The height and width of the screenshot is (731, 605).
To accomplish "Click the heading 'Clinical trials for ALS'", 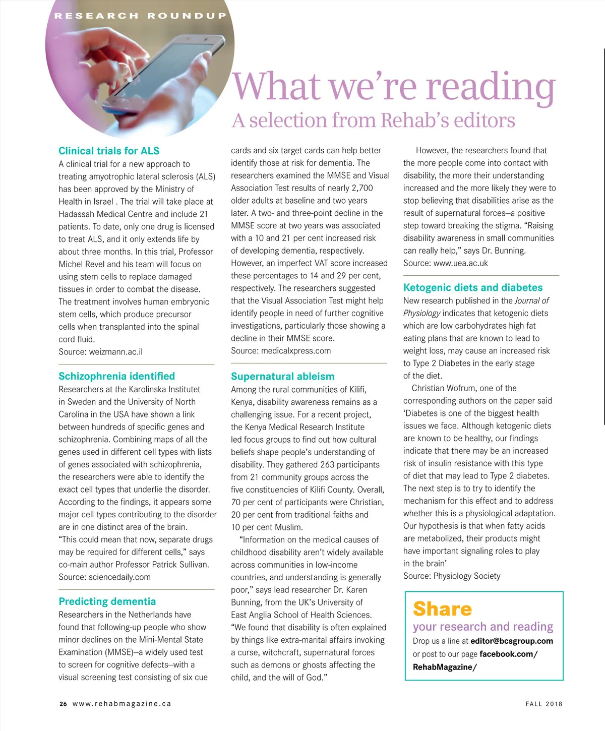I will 109,151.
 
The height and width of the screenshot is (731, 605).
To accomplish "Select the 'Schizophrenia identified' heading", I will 116,376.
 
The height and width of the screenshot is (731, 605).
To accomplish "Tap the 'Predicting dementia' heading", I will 107,601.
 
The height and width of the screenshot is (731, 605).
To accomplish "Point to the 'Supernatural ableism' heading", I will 282,377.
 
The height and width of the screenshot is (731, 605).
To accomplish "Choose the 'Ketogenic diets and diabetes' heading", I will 473,287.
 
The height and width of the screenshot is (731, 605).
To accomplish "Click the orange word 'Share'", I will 442,609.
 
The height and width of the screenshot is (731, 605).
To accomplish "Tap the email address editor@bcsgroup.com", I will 511,641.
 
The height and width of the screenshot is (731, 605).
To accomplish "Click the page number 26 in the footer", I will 63,704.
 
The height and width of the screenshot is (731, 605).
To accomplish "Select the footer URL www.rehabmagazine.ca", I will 122,704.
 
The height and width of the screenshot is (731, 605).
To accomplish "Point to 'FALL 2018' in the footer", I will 543,704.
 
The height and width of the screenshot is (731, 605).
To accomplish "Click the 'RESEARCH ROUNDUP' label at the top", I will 140,16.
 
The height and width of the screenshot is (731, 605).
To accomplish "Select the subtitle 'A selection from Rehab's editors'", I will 373,120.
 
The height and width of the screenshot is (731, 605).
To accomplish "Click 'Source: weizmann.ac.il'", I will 100,352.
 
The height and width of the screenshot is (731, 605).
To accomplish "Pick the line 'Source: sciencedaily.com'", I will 104,577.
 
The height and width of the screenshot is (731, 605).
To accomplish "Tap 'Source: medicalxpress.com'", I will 281,351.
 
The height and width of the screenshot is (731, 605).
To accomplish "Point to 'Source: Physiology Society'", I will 452,576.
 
